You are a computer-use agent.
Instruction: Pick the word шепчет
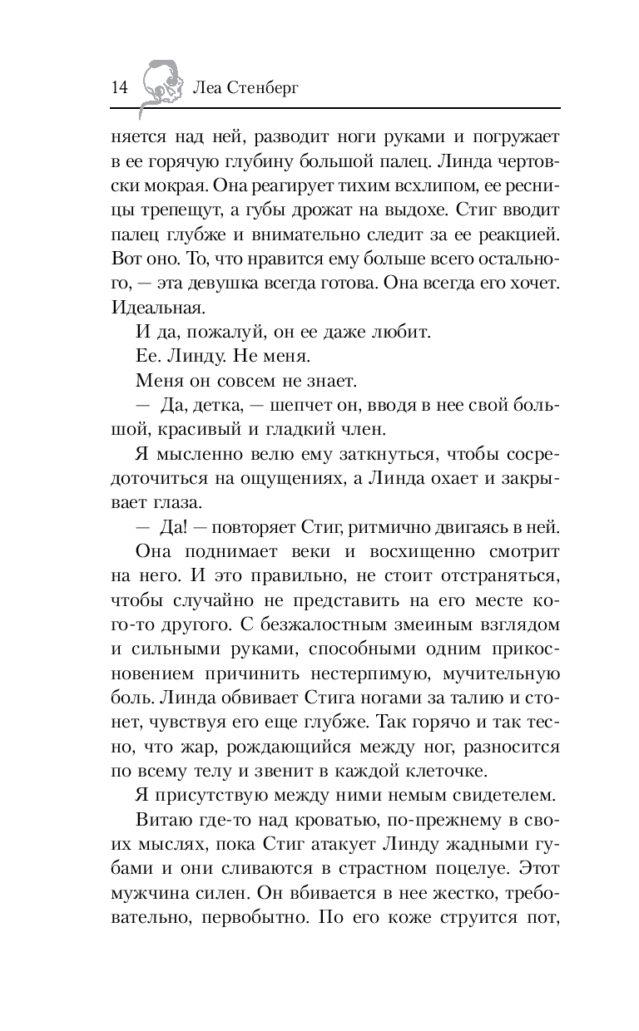(285, 407)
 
